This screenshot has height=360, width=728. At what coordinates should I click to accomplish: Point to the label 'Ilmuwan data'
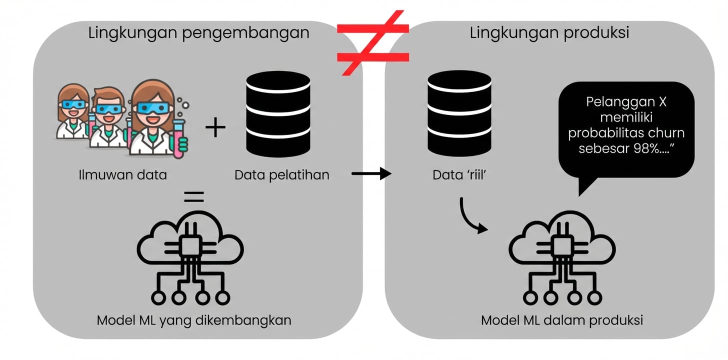click(123, 175)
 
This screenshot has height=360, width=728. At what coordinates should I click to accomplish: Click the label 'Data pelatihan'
click(282, 175)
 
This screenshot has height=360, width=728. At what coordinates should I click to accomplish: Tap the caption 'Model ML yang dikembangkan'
click(194, 320)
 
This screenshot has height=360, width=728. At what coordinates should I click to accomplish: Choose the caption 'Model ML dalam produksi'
click(561, 320)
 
